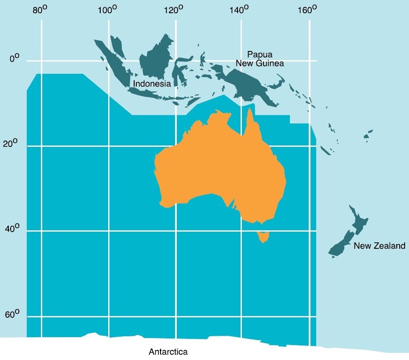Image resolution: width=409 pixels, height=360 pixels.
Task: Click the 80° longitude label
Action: [40, 10]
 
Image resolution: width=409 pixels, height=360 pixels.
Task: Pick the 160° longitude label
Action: [307, 10]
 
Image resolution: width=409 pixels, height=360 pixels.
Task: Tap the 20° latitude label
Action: [12, 143]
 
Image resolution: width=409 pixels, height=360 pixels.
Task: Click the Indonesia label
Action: [152, 84]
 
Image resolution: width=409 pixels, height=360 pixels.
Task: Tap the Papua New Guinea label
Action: [260, 59]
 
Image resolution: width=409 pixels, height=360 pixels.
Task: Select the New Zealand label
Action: [380, 246]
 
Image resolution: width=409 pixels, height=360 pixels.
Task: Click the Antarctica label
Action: [168, 352]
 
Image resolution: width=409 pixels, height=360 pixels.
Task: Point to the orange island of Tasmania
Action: [263, 237]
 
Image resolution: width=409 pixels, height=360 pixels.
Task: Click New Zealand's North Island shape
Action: [359, 222]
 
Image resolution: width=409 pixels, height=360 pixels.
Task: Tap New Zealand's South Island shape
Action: [340, 245]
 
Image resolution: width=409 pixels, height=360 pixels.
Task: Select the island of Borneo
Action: [156, 59]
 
